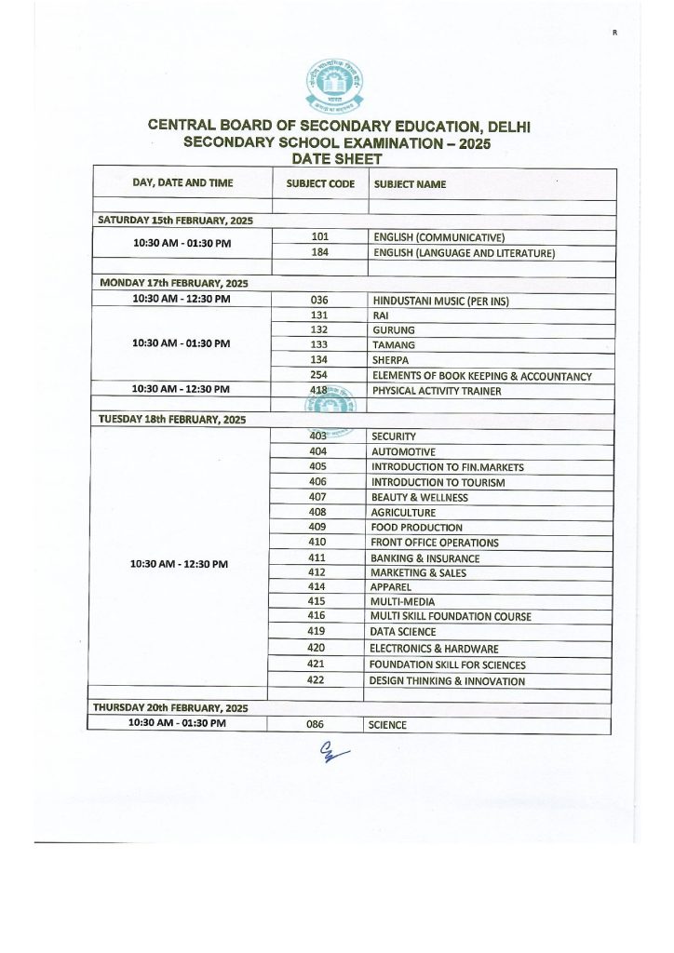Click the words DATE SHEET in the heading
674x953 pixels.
click(337, 159)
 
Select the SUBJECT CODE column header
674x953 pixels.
click(320, 184)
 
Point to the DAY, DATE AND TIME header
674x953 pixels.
click(183, 183)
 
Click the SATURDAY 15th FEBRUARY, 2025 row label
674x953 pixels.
click(176, 221)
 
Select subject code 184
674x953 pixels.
click(320, 252)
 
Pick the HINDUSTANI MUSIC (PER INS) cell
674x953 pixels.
click(440, 301)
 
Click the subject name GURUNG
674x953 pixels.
click(393, 330)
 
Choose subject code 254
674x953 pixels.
click(319, 375)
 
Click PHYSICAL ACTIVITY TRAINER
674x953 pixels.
click(437, 391)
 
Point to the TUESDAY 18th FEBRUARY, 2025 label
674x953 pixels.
click(172, 420)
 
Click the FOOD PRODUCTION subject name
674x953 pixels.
click(416, 528)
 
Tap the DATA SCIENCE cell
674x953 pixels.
click(402, 632)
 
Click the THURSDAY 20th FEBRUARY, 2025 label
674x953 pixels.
click(169, 708)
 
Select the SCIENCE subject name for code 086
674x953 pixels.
click(387, 725)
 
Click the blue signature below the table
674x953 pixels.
click(331, 753)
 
